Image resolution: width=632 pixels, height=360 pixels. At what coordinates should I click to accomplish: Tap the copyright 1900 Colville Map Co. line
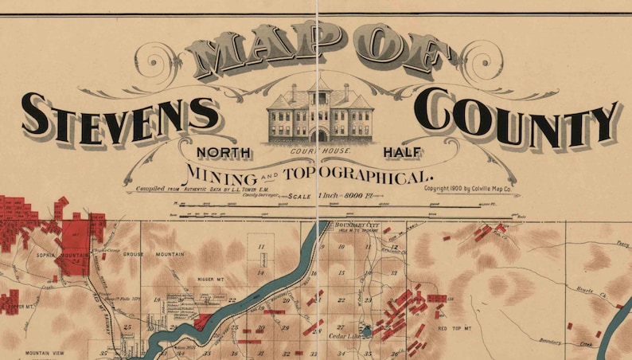point(471,189)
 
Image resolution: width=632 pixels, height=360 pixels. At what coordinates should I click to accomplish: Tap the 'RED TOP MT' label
point(456,328)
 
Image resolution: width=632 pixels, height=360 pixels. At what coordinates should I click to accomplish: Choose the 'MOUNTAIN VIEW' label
point(45,353)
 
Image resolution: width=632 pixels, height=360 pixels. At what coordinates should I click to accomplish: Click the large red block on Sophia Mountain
point(76,248)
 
